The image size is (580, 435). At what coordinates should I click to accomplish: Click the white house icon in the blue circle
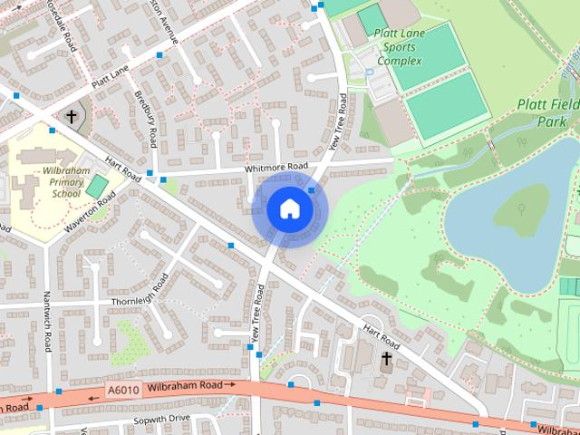(x=289, y=209)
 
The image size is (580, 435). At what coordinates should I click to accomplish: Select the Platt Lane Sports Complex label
(x=398, y=47)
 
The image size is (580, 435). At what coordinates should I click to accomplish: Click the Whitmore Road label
(x=276, y=168)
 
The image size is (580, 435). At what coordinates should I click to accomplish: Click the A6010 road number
(x=123, y=391)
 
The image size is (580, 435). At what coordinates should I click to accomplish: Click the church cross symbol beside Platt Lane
(x=72, y=117)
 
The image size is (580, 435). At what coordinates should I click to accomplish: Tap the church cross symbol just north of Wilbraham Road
(x=386, y=359)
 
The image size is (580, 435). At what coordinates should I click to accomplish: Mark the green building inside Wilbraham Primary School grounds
(x=96, y=187)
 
